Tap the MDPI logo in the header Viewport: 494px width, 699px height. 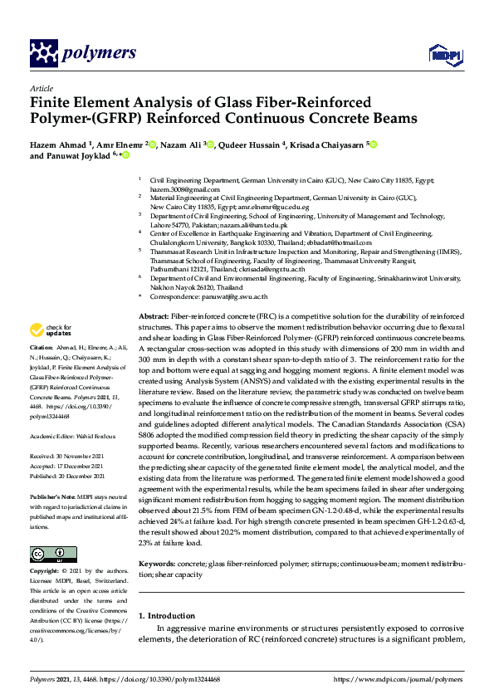coord(444,55)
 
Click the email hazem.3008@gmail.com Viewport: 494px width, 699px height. coord(169,188)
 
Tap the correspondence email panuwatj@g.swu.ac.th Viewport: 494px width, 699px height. coord(239,296)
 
